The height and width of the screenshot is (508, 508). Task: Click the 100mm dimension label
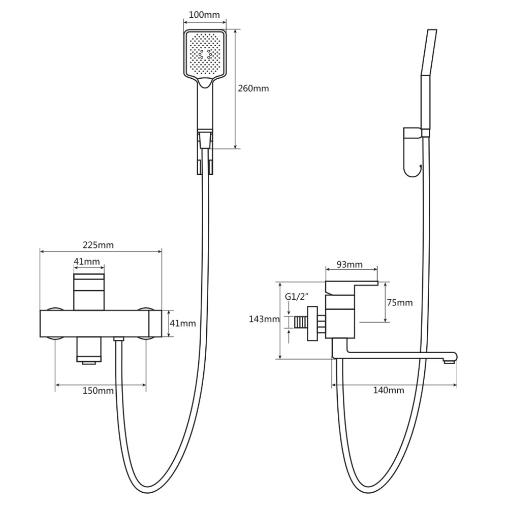(x=204, y=15)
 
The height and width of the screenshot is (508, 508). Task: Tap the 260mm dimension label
(x=253, y=88)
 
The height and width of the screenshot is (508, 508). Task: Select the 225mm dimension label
(x=98, y=245)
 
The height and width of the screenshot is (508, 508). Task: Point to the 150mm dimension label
(x=98, y=391)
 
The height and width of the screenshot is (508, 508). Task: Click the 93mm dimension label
(x=350, y=265)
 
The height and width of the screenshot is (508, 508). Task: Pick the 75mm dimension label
(x=400, y=303)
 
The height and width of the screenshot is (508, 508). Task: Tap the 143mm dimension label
(x=264, y=319)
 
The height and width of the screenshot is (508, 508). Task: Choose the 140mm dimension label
(x=389, y=390)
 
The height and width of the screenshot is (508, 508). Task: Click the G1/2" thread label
(x=296, y=297)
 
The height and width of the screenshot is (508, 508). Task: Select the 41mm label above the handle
(x=87, y=261)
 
